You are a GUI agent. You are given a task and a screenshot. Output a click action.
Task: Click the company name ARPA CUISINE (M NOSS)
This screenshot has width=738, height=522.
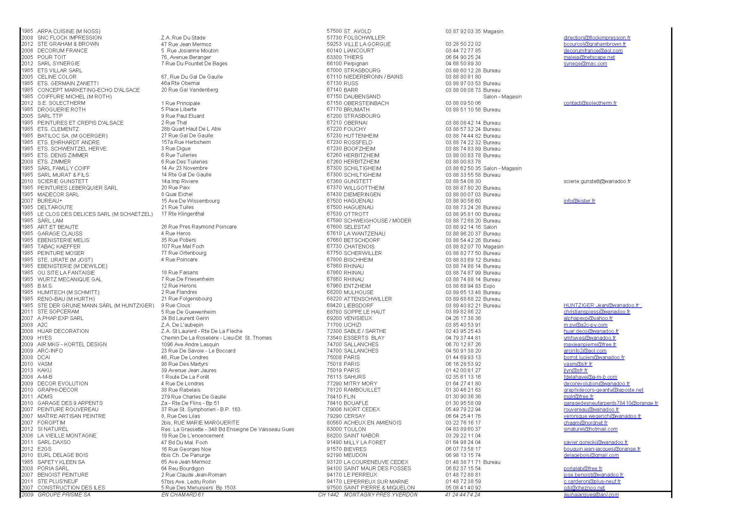point(69,31)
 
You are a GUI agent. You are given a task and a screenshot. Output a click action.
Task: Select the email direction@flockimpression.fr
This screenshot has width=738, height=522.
point(597,38)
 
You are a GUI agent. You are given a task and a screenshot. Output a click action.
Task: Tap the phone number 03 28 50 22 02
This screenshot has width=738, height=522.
point(463,44)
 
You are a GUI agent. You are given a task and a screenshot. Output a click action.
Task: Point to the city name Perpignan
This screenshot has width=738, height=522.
point(356,64)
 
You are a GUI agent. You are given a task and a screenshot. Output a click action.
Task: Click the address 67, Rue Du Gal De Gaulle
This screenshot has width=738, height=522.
point(192,77)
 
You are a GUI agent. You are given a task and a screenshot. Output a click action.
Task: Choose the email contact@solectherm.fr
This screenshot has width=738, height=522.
point(590,103)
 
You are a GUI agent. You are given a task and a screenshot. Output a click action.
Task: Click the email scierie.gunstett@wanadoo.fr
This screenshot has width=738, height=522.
point(597,181)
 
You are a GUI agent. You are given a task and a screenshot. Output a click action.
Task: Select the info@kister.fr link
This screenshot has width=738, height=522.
point(579,201)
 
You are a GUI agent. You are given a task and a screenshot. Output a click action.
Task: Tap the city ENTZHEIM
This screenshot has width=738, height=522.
point(357,286)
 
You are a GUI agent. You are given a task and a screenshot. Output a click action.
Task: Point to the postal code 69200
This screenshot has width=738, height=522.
point(334,318)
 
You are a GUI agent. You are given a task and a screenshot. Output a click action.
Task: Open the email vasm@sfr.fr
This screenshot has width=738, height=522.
point(578,364)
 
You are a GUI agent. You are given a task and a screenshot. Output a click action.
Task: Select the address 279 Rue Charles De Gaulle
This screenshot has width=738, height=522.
point(193,397)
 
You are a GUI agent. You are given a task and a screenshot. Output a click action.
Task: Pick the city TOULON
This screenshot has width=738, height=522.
point(355,429)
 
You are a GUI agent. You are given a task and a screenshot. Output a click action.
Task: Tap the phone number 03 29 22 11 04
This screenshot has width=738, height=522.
point(463,436)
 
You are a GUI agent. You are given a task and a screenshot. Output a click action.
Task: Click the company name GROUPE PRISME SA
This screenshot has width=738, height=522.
point(64,495)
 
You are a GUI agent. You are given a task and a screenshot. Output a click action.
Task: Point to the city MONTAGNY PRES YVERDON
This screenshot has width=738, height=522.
point(381,495)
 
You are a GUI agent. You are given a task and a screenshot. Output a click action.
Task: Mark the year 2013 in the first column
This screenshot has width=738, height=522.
point(27,370)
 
